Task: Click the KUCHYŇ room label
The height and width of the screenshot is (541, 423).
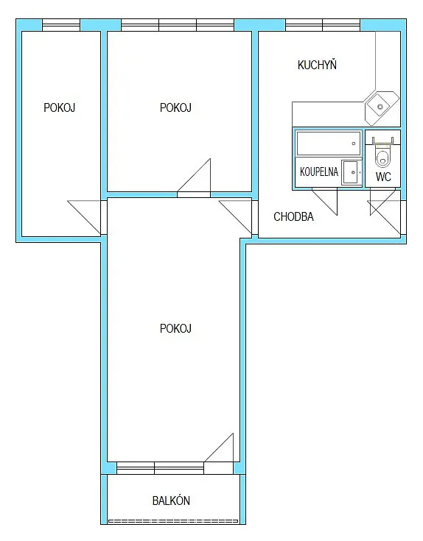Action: [317, 65]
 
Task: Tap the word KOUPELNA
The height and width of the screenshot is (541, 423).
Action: [318, 172]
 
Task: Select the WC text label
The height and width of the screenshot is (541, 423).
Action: [383, 177]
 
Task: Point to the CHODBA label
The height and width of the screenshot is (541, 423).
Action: [293, 216]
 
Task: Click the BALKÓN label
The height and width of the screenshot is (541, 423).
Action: [171, 501]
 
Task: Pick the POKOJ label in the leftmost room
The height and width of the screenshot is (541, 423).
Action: [60, 107]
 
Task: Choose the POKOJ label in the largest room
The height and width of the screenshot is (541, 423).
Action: [175, 328]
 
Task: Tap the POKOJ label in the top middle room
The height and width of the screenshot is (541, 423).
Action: [175, 107]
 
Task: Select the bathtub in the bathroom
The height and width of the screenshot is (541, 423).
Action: [329, 144]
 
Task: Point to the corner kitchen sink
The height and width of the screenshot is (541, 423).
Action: [380, 107]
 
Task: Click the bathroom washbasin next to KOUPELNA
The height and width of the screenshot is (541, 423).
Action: [352, 172]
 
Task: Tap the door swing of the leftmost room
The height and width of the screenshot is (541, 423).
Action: [84, 217]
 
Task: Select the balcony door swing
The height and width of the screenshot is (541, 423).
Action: [219, 448]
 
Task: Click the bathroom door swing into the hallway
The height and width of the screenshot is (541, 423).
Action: [324, 202]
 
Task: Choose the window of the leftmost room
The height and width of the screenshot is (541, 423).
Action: [61, 25]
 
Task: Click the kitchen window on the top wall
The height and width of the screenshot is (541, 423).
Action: [323, 25]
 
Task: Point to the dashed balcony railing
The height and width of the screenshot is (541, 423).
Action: [173, 520]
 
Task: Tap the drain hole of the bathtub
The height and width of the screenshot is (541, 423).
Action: [354, 144]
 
